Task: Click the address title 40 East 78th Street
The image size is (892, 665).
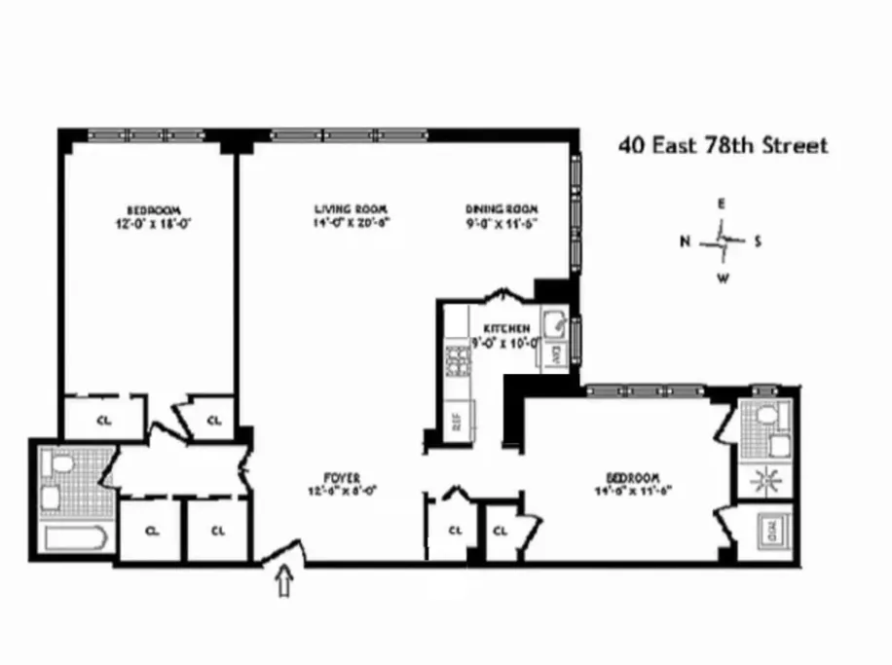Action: click(724, 146)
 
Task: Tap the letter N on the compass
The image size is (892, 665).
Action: click(686, 241)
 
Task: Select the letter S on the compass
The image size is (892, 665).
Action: click(758, 241)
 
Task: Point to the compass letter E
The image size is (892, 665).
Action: click(722, 204)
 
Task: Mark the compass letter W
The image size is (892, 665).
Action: click(723, 277)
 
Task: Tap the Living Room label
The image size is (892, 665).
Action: click(351, 209)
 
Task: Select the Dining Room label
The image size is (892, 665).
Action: click(501, 209)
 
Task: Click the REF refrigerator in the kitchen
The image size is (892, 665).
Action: click(455, 422)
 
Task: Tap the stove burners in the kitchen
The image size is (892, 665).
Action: click(455, 361)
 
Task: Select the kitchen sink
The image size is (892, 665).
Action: click(553, 322)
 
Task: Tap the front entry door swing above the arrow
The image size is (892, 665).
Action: click(284, 554)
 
